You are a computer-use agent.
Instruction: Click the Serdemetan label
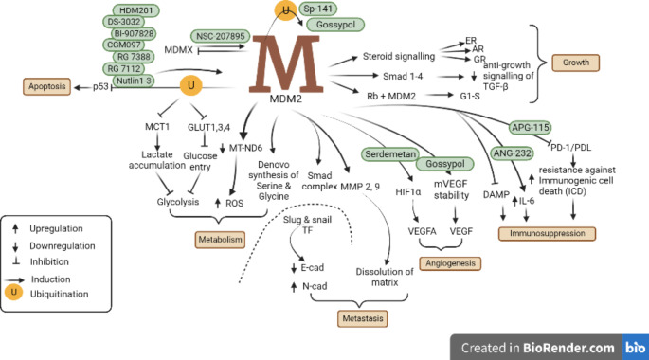(391, 153)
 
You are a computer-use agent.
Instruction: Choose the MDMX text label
(178, 47)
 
